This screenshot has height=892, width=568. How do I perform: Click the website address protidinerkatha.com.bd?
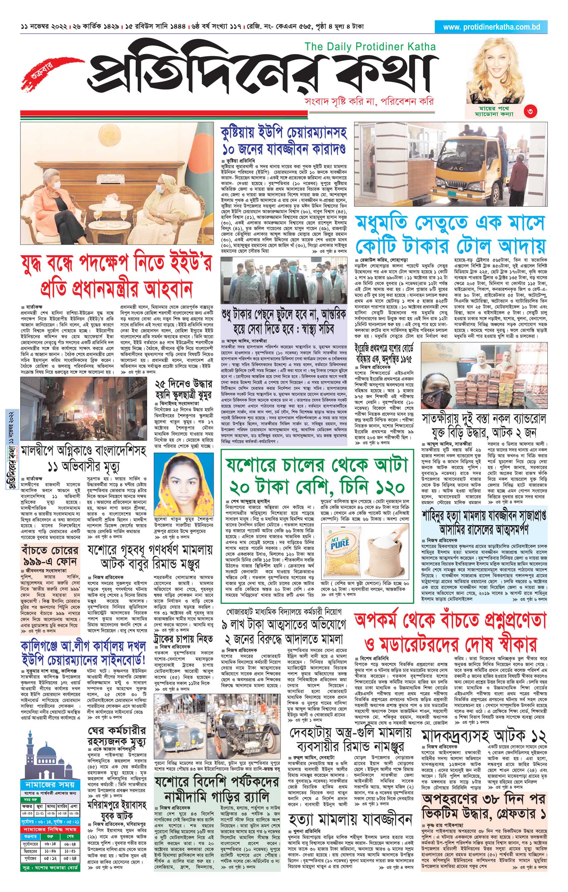click(x=491, y=27)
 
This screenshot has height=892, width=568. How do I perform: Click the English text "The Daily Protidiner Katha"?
click(x=370, y=46)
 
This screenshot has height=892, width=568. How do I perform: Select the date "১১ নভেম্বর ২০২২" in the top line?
click(x=44, y=27)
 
